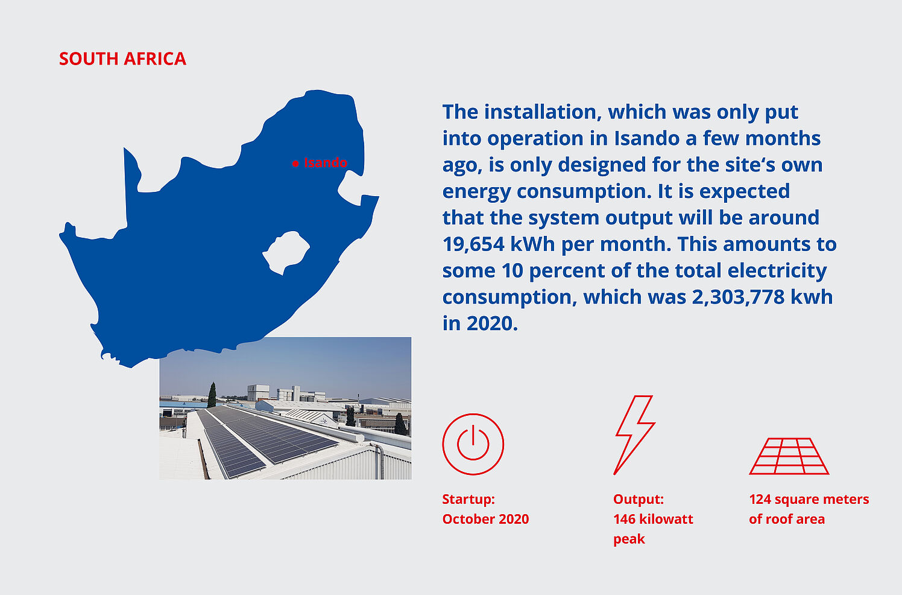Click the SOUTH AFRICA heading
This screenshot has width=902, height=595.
122,59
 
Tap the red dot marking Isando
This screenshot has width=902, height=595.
295,164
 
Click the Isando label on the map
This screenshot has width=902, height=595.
326,162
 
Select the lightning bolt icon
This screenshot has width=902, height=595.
634,435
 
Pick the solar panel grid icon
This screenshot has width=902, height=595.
789,456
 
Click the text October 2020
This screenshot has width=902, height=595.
485,519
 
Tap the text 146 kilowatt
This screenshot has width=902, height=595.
653,519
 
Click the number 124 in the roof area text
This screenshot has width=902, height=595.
760,500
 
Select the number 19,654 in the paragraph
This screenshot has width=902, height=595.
473,244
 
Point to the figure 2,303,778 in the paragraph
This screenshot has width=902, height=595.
739,297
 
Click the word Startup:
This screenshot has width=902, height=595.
468,500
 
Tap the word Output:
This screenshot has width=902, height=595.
639,500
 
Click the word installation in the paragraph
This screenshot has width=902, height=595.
543,112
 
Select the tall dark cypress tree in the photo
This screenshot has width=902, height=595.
212,395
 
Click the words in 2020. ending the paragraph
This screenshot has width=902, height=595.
480,323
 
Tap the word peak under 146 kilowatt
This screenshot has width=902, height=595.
629,539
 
